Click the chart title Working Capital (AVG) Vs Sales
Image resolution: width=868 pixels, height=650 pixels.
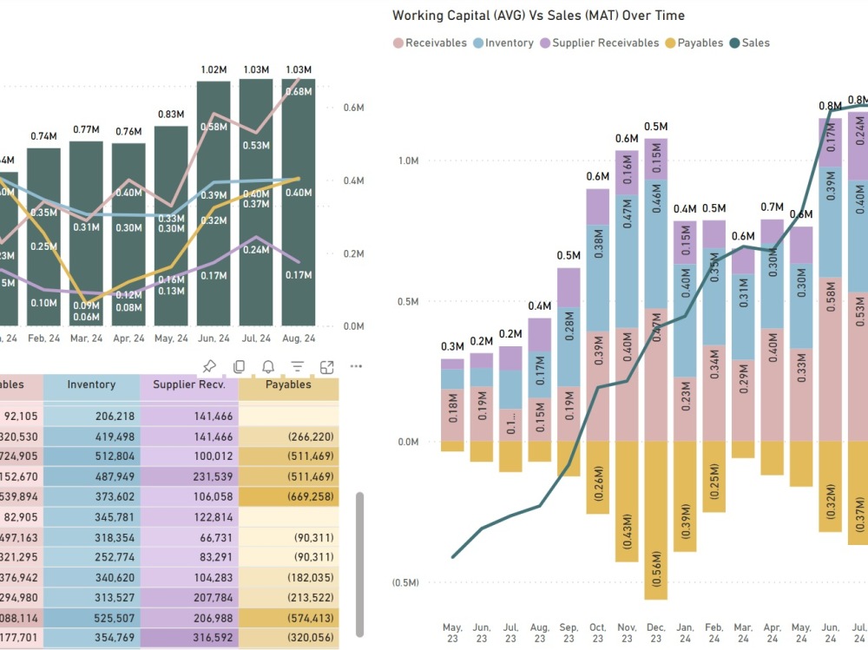[x=538, y=16]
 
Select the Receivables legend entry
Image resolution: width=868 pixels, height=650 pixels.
[x=436, y=43]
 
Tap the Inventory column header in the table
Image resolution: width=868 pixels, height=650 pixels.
[x=91, y=385]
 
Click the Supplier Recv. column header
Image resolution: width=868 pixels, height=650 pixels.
[x=188, y=385]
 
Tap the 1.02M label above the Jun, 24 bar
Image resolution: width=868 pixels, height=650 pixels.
[x=214, y=70]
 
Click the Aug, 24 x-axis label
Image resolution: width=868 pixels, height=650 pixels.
[x=298, y=338]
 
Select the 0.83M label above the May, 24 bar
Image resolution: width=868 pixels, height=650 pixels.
[x=171, y=115]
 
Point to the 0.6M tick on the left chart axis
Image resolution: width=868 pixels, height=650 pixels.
[x=352, y=108]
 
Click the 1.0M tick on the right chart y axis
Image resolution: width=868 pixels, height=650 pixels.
[x=408, y=161]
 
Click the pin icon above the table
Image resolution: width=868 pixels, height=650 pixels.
[x=208, y=366]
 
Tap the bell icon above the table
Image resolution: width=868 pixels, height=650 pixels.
[x=268, y=366]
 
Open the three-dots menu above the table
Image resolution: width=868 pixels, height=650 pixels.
[x=356, y=366]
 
